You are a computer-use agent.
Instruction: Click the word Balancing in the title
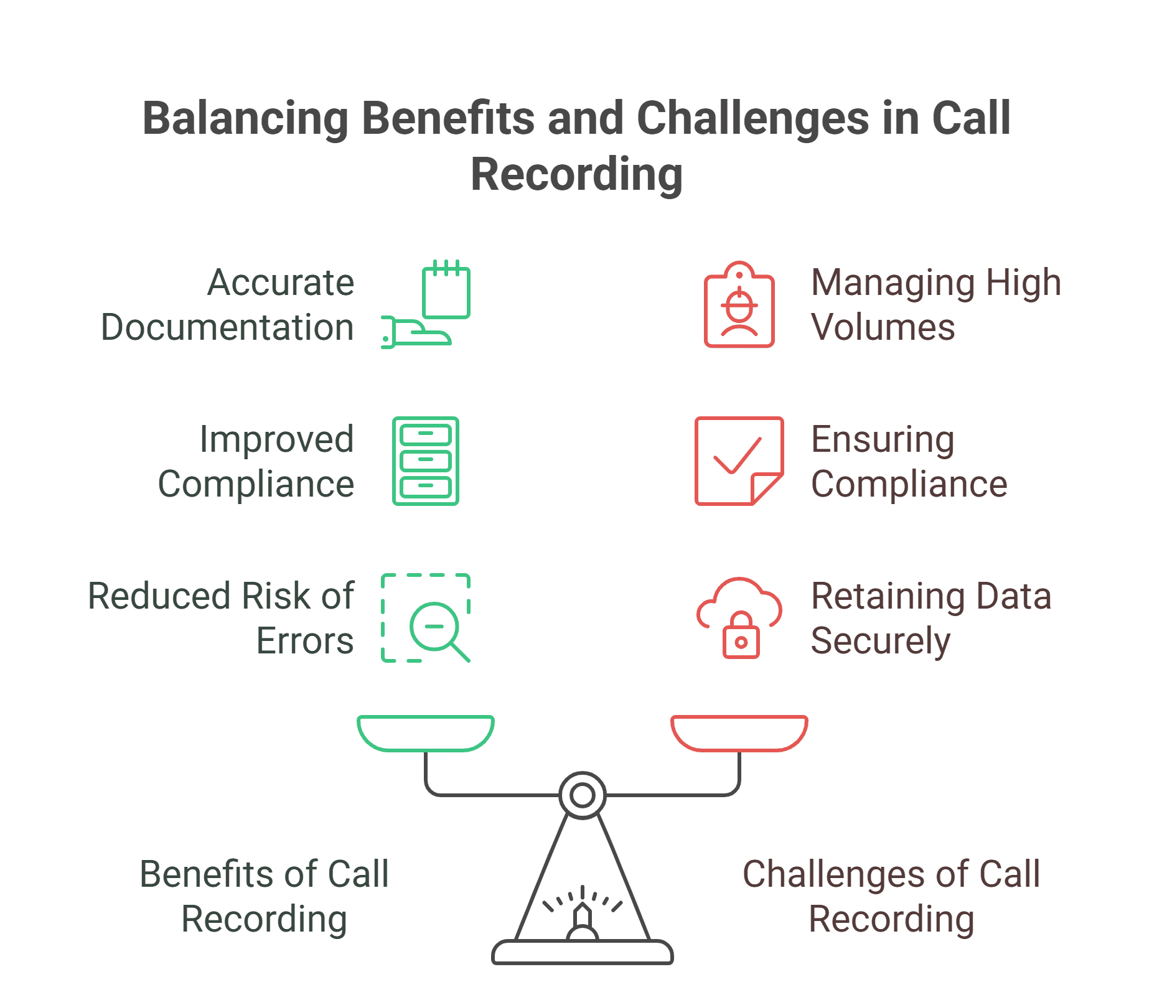point(245,118)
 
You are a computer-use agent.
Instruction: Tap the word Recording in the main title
point(576,174)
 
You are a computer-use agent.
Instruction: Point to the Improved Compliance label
point(256,461)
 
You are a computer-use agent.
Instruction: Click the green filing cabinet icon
point(426,461)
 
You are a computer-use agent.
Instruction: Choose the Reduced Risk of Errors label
point(221,618)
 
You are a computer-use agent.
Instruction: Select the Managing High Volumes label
point(935,304)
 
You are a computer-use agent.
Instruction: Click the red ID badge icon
point(739,306)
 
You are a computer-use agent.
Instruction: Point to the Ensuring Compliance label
point(909,461)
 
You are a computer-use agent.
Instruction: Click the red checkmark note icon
point(738,461)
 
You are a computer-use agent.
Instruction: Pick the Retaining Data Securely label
point(930,618)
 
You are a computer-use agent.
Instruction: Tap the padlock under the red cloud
point(741,637)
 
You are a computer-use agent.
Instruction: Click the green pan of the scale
point(426,733)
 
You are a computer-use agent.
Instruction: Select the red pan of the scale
point(739,733)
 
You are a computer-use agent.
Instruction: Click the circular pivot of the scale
point(583,795)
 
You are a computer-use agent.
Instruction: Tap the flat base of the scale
point(583,952)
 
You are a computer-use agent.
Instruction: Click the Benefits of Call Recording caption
point(265,896)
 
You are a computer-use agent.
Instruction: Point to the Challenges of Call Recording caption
point(891,896)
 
